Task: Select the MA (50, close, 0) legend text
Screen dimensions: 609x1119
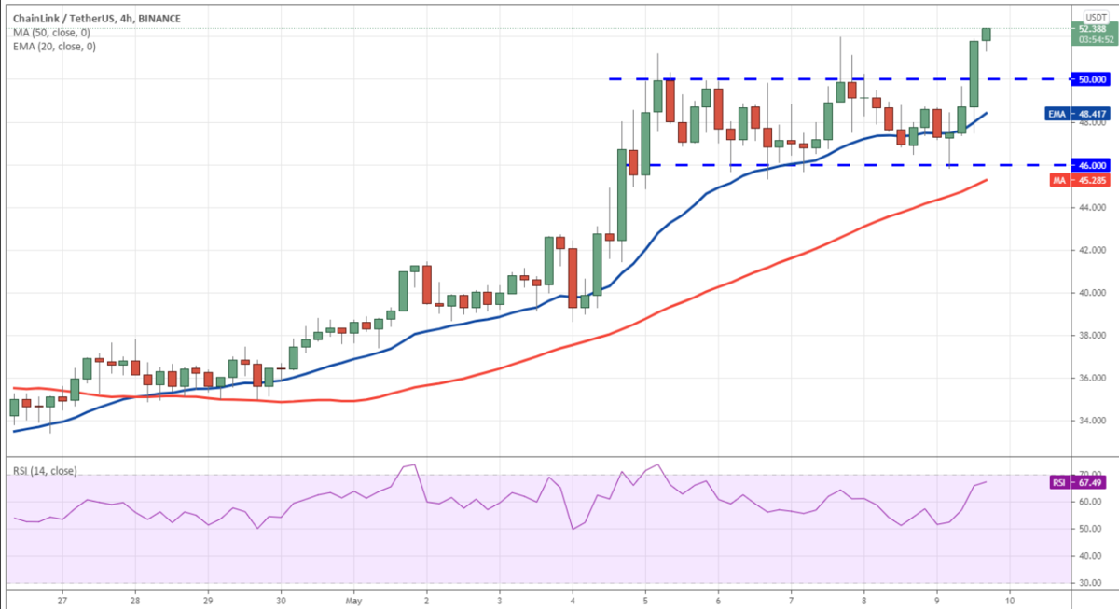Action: click(x=53, y=32)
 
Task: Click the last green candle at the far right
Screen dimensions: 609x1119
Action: click(x=987, y=35)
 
